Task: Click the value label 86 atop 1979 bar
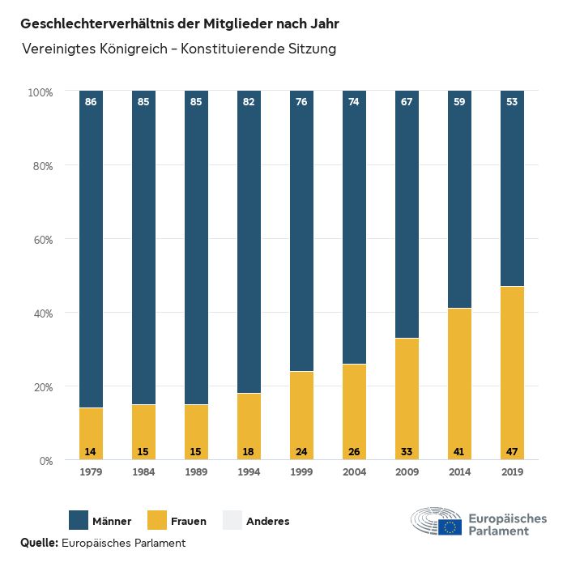click(x=91, y=102)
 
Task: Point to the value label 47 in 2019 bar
click(x=512, y=450)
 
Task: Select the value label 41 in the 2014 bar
click(x=459, y=450)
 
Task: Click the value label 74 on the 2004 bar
click(x=354, y=102)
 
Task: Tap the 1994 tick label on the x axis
click(x=249, y=472)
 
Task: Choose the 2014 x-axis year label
click(x=459, y=472)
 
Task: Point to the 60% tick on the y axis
click(x=41, y=240)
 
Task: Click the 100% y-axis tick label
click(x=40, y=92)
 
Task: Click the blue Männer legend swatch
click(x=79, y=520)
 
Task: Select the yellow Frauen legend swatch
click(x=156, y=520)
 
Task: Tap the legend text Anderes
click(x=267, y=521)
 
